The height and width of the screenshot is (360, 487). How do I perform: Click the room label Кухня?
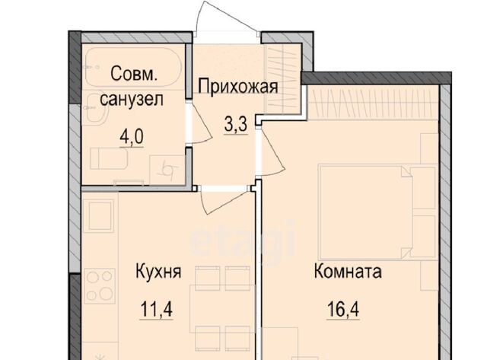point(158,272)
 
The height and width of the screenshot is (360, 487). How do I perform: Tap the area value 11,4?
point(157,309)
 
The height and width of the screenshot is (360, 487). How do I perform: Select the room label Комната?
point(348,271)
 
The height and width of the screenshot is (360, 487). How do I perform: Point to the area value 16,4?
point(343,309)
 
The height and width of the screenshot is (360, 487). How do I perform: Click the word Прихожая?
point(238,86)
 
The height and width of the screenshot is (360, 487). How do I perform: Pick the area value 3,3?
point(236,125)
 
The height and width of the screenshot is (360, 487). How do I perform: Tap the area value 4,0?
point(132,137)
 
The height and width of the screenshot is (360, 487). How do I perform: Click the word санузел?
point(132,100)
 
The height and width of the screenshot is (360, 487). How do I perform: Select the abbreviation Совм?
point(134,75)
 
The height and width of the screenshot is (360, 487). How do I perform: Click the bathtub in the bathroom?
point(133,68)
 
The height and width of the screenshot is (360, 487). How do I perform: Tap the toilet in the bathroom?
point(109,159)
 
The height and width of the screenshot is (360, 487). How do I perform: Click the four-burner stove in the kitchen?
point(100,286)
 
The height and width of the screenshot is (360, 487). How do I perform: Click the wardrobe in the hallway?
point(283,78)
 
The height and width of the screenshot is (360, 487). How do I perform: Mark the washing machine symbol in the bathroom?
point(167,170)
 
